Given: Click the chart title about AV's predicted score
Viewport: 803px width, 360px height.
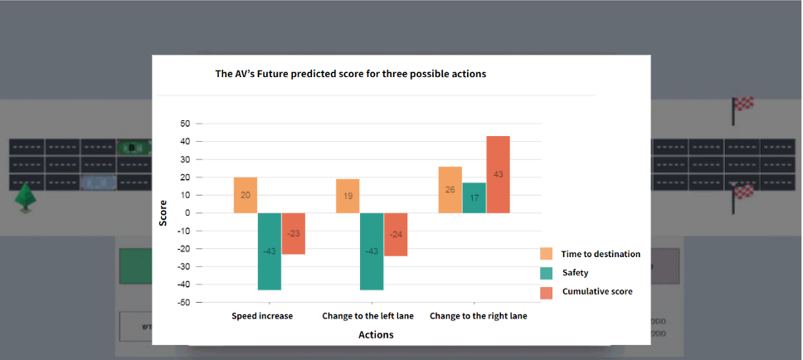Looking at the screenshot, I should click(x=350, y=74).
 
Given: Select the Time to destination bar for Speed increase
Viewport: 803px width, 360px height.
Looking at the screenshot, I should click(x=245, y=195).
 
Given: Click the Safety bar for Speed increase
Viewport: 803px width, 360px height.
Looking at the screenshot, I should click(x=270, y=251).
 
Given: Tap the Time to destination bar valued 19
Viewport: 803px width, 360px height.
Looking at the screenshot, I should click(x=348, y=196).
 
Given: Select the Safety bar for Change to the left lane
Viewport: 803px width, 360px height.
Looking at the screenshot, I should click(x=372, y=251).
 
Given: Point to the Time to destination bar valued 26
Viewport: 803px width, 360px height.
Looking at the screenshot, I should click(x=450, y=190).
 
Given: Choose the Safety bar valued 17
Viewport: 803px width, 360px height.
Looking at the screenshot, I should click(x=474, y=197).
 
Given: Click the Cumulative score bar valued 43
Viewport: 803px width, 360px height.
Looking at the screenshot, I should click(x=498, y=174).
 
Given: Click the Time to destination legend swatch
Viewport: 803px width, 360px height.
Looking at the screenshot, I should click(x=547, y=254).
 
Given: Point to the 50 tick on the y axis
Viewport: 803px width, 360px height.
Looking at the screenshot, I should click(x=185, y=124).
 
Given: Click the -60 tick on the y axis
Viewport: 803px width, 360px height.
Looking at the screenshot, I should click(x=184, y=303).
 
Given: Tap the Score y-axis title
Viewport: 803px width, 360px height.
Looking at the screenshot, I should click(x=163, y=213).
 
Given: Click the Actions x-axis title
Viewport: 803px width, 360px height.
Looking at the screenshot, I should click(x=376, y=335).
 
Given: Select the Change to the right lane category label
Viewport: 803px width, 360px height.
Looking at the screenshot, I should click(x=478, y=316).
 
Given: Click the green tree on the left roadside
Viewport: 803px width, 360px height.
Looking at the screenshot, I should click(x=27, y=197).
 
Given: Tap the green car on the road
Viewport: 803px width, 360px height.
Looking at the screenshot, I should click(x=133, y=148).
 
